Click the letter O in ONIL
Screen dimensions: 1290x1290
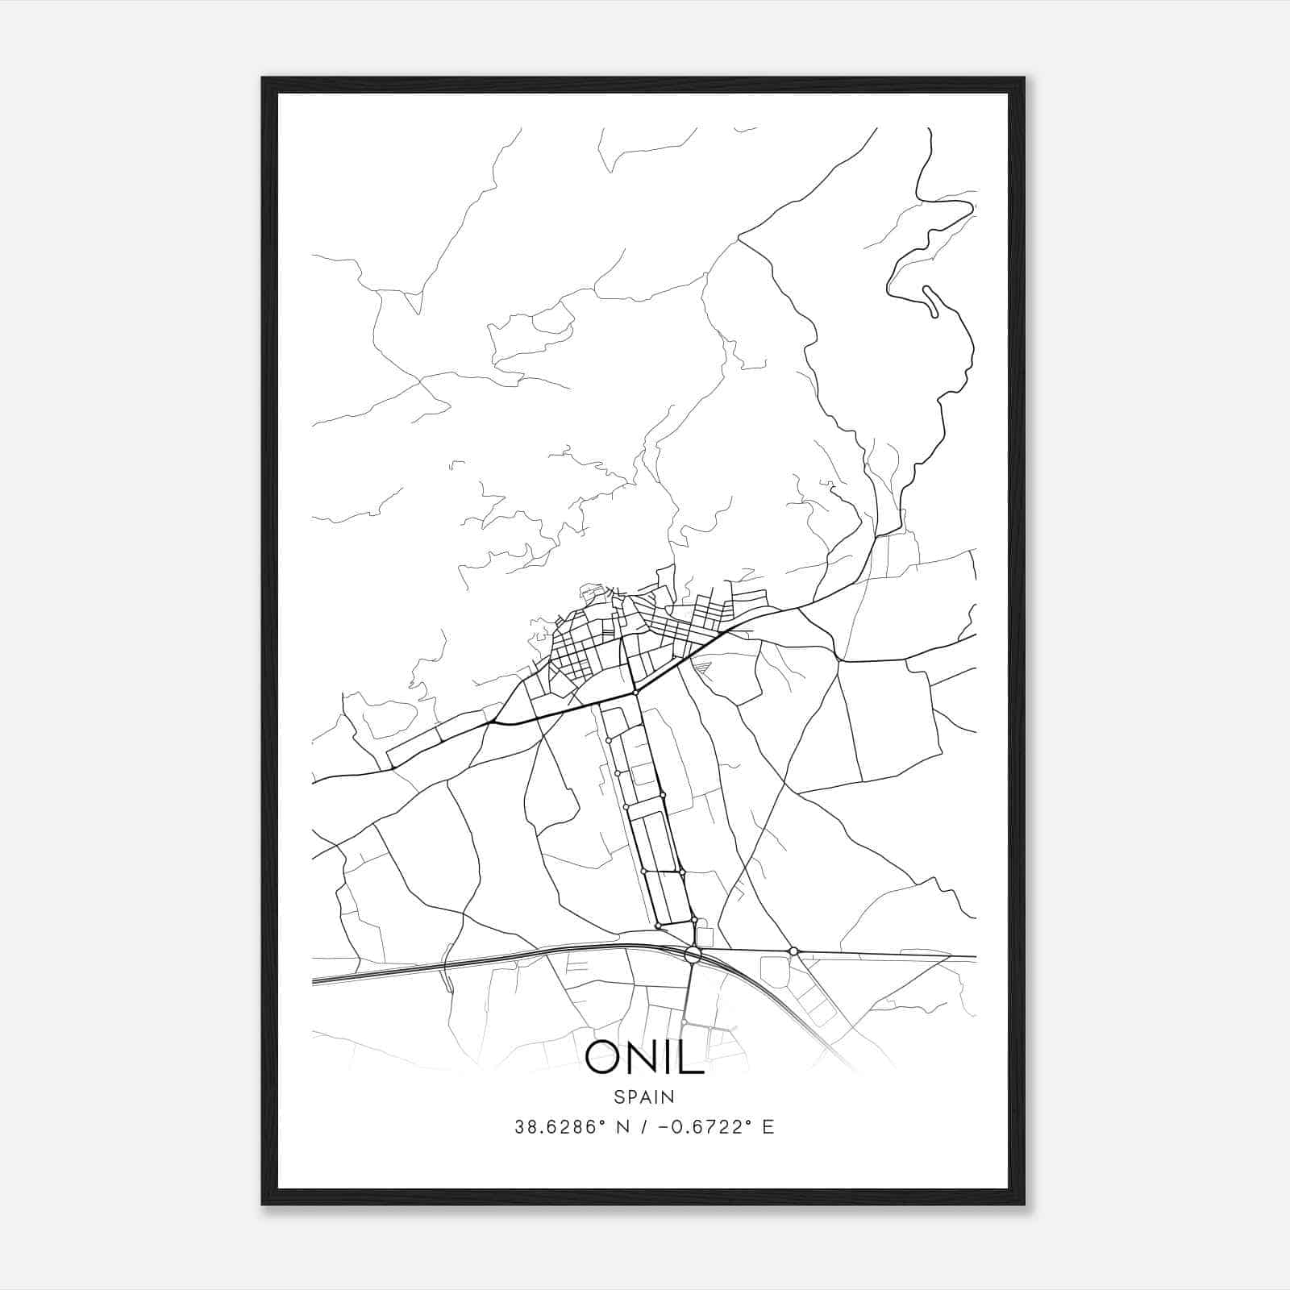pos(604,1056)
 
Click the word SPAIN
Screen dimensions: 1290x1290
pos(644,1096)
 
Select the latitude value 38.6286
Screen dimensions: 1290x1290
pos(556,1127)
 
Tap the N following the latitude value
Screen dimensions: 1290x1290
pos(622,1127)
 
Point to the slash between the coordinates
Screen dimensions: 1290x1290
pos(643,1127)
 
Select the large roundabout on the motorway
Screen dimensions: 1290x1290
pos(692,955)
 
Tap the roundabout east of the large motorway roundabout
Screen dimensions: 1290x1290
pos(793,951)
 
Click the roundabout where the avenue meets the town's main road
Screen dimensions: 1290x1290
pos(635,693)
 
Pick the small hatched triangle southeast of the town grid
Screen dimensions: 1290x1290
pos(702,666)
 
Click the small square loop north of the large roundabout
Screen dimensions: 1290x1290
pos(704,936)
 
